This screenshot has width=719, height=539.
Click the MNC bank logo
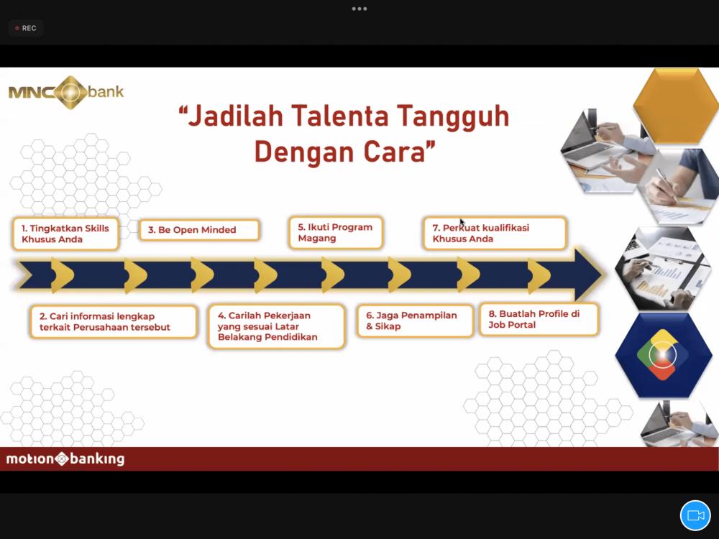66,92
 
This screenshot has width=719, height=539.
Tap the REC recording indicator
26,28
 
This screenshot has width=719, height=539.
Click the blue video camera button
695,515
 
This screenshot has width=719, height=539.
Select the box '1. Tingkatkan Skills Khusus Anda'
65,234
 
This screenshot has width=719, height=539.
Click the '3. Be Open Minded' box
199,230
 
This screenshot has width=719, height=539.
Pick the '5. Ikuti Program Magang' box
336,233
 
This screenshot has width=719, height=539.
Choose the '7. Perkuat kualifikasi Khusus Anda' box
495,234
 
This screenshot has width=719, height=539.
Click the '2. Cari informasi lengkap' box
114,322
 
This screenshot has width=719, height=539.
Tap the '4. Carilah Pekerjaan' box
276,326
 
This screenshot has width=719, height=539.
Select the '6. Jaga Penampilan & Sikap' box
415,321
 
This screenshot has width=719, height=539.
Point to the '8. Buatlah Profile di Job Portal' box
539,320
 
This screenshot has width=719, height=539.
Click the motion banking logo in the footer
65,459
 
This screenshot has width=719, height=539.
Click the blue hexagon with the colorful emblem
663,355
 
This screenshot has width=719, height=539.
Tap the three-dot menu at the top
359,9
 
